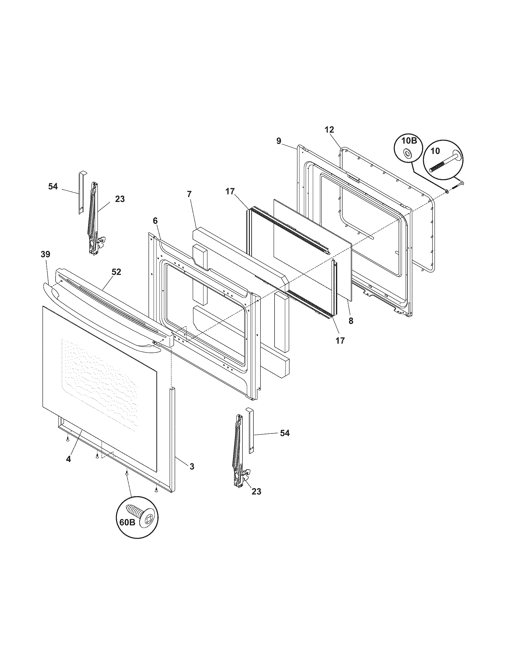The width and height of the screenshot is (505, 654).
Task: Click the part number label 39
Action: pyautogui.click(x=45, y=254)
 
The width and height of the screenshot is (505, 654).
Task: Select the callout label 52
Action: pyautogui.click(x=116, y=272)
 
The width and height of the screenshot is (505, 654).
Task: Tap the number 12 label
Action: pyautogui.click(x=329, y=130)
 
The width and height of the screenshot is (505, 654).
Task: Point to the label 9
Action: pyautogui.click(x=279, y=141)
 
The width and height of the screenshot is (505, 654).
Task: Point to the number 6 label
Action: pyautogui.click(x=155, y=221)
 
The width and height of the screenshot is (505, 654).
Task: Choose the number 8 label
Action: pyautogui.click(x=351, y=321)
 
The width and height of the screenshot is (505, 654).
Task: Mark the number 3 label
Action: pyautogui.click(x=192, y=466)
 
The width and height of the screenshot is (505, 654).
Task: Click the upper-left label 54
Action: pyautogui.click(x=53, y=186)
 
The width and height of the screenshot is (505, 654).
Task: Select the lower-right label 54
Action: pyautogui.click(x=285, y=433)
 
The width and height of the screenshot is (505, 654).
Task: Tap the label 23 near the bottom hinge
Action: pyautogui.click(x=256, y=491)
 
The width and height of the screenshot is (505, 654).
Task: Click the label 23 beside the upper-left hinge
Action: pyautogui.click(x=120, y=199)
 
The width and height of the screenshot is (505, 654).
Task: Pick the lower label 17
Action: pyautogui.click(x=340, y=340)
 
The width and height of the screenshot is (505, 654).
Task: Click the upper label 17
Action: pyautogui.click(x=230, y=191)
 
